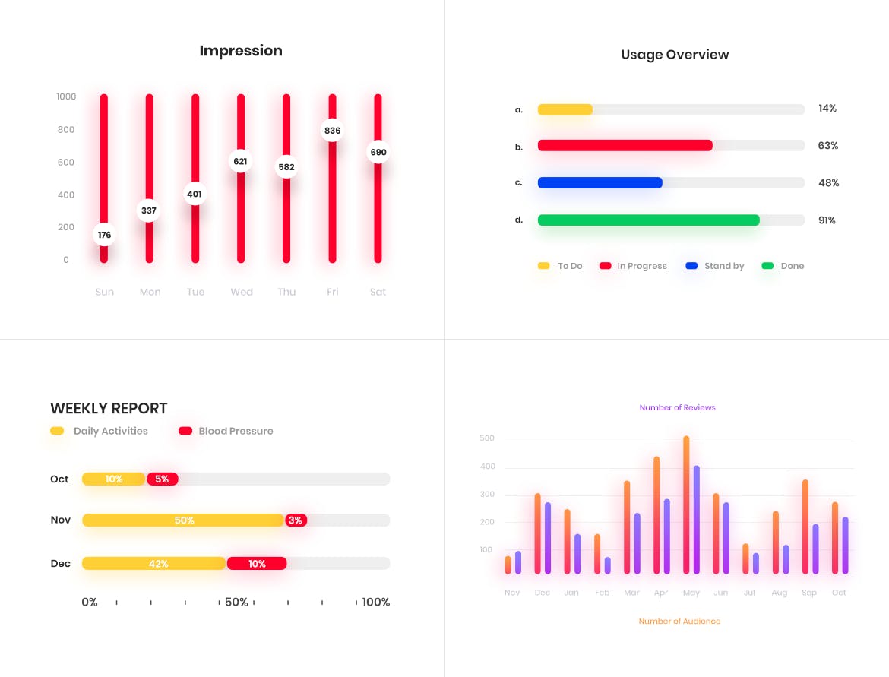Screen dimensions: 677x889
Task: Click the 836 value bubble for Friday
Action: [332, 131]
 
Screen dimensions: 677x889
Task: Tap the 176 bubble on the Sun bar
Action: [104, 235]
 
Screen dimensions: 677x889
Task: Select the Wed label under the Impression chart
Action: [242, 292]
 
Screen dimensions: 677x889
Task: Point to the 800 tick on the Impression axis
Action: [66, 130]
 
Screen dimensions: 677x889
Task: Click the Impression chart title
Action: [241, 51]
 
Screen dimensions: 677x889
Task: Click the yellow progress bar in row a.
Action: [565, 109]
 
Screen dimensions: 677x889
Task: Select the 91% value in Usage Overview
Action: [827, 220]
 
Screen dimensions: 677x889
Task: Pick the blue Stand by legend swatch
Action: [691, 266]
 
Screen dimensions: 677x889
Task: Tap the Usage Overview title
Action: [675, 55]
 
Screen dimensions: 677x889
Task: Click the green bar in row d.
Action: [648, 220]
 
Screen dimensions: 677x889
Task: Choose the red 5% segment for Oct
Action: [163, 479]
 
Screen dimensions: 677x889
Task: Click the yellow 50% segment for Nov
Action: [183, 520]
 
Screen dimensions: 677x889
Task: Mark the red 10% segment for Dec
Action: [257, 564]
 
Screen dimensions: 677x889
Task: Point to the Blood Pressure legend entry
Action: [226, 431]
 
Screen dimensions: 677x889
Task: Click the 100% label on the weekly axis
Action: [375, 603]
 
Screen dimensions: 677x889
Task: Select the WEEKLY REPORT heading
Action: [109, 409]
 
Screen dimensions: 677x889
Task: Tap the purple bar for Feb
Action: [607, 565]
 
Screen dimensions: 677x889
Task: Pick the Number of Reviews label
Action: [677, 408]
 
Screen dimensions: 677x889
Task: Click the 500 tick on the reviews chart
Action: [487, 439]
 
